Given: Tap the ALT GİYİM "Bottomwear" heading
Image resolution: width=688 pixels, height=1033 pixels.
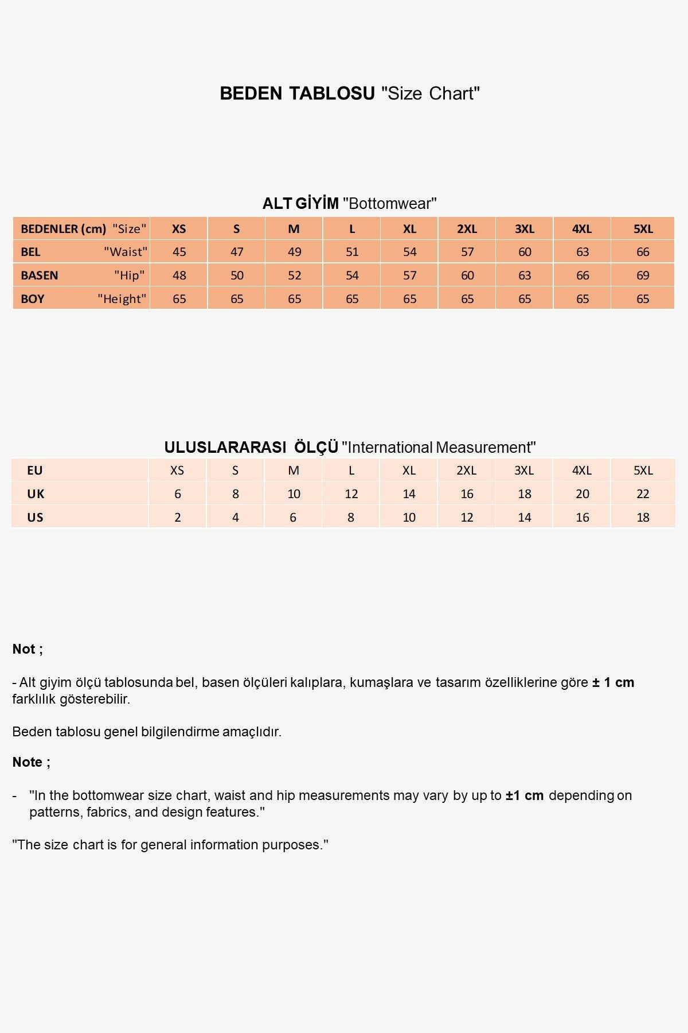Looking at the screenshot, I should point(349,203).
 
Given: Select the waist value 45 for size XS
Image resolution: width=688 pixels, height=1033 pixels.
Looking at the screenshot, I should point(179,252).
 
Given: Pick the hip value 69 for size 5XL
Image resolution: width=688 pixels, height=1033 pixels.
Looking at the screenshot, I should point(643,275).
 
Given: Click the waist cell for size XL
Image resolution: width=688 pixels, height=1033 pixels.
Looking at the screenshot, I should point(409,252).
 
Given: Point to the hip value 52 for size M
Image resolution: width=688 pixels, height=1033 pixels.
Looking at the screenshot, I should point(294,275).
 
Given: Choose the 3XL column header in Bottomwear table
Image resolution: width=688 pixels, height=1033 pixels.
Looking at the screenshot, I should point(525,229).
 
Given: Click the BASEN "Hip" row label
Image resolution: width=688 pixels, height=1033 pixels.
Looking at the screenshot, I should point(81,275).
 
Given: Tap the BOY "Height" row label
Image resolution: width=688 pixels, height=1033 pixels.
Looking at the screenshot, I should point(81,299).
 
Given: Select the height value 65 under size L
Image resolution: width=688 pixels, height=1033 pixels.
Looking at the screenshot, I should point(352,299).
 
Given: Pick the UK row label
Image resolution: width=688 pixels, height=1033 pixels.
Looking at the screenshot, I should point(36,494).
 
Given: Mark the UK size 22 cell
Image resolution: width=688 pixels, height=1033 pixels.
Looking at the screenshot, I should point(643,494).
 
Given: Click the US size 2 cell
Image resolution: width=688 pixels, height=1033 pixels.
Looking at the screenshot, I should point(178,518).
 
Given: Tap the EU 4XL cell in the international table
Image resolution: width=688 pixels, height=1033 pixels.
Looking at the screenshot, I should point(582,471).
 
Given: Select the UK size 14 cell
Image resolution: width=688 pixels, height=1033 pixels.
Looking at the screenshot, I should point(409,494).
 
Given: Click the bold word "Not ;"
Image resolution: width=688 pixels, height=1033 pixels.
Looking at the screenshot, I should point(28,649).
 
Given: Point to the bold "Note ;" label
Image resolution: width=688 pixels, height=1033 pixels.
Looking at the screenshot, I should point(31,762).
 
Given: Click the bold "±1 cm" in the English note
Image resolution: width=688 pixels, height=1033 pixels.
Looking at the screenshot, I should point(524,795).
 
